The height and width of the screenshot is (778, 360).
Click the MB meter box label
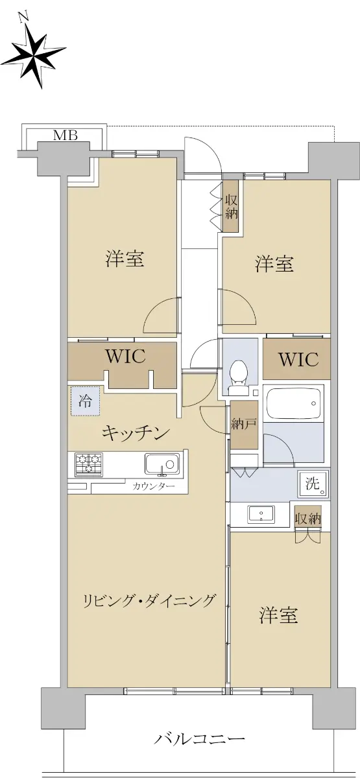pos(65,136)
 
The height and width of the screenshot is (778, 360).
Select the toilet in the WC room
pos(239,377)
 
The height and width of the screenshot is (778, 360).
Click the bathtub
pos(293,403)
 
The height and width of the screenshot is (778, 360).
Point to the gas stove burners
pos(89,464)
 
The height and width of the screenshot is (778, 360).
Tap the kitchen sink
pos(162,464)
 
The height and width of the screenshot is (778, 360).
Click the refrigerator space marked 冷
pos(85,401)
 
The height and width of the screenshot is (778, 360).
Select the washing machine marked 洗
pos(313,484)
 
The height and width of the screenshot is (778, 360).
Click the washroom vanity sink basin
pos(261,514)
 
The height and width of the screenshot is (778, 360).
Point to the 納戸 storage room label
pos(245,425)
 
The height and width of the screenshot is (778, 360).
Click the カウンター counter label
pos(153,486)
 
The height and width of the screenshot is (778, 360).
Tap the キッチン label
pos(136,433)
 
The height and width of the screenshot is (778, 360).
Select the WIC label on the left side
pos(125,357)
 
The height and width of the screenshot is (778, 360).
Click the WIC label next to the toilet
pos(298,359)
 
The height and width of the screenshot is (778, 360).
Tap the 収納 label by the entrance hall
pos(231,207)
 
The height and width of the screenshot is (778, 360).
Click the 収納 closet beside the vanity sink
pos(308,519)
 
